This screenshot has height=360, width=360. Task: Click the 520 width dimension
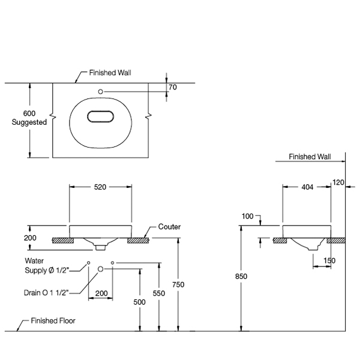coord(100,187)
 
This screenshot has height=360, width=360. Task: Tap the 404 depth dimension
coord(307,187)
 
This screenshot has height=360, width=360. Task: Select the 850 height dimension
coord(241,276)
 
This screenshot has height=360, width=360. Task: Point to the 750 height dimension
coord(178,284)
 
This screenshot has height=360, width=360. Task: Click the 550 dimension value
coord(158,294)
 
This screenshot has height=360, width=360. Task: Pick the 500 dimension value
coord(140,302)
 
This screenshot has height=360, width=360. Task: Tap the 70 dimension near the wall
coord(172,87)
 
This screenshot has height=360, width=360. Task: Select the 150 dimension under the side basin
coord(329,260)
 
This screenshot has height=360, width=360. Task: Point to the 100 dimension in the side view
coord(248,216)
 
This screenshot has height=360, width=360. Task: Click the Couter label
coord(170,227)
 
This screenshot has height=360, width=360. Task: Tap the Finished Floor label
coord(55,321)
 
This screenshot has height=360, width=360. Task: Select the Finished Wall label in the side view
coord(310,157)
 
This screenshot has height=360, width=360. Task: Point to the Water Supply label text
coord(46,266)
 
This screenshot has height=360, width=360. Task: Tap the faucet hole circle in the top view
coord(101,91)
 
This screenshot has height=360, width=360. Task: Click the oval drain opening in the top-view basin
coord(101,117)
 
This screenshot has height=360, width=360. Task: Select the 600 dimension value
coord(29,113)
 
